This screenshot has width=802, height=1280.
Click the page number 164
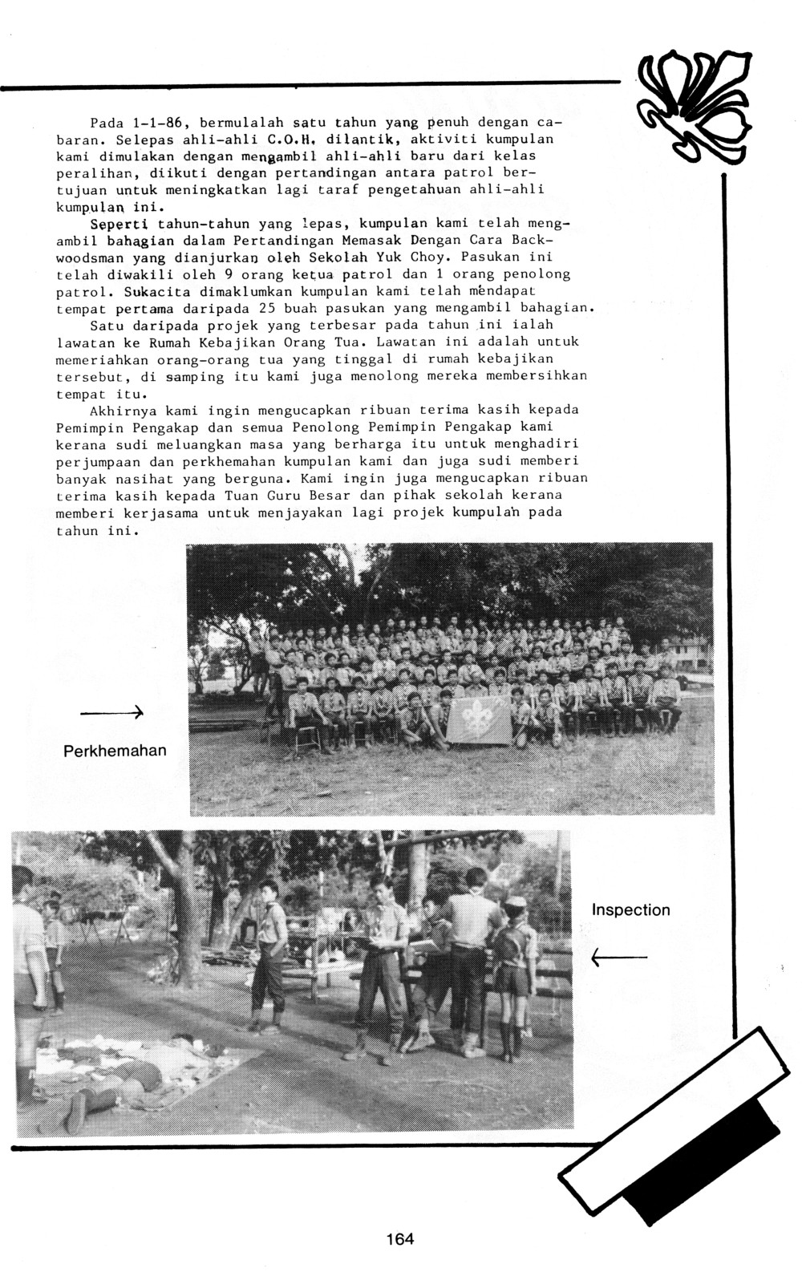pyautogui.click(x=399, y=1238)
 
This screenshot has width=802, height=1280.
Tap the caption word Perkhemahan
pyautogui.click(x=115, y=751)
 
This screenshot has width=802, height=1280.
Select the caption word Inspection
pyautogui.click(x=630, y=909)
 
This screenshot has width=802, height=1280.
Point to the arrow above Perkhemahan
pyautogui.click(x=111, y=711)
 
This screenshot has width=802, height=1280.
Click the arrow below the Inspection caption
pyautogui.click(x=618, y=957)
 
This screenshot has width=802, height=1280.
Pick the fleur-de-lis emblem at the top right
pyautogui.click(x=692, y=106)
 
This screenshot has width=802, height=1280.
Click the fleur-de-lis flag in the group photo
pyautogui.click(x=479, y=719)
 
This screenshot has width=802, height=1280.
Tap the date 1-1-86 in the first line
pyautogui.click(x=159, y=123)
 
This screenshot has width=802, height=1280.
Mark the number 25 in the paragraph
pyautogui.click(x=269, y=309)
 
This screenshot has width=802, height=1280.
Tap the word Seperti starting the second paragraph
pyautogui.click(x=119, y=224)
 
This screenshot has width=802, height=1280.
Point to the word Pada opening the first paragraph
pyautogui.click(x=107, y=123)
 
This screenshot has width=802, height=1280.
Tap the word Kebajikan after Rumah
pyautogui.click(x=192, y=342)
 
